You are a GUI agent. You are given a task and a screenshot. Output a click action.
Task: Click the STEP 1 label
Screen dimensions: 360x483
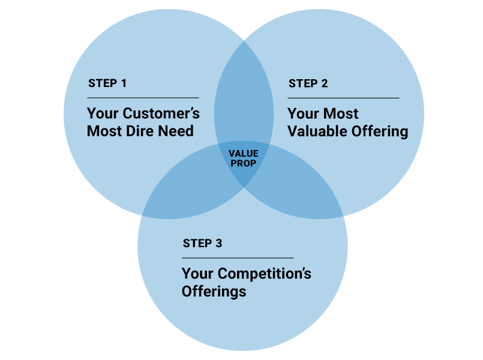107,83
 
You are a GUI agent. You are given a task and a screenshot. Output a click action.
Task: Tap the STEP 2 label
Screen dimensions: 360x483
308,83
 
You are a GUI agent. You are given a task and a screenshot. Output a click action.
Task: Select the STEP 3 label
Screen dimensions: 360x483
202,244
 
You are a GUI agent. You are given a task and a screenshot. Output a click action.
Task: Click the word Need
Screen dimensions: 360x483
176,131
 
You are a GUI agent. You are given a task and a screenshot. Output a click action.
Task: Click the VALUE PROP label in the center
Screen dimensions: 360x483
243,158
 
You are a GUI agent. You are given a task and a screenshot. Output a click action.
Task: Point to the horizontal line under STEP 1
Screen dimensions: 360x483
143,97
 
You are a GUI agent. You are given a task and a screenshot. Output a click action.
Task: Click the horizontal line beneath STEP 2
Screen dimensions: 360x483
343,97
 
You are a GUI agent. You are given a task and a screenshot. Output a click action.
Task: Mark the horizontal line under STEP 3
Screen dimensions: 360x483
238,257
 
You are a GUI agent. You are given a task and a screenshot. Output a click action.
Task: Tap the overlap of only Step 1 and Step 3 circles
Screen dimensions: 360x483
180,186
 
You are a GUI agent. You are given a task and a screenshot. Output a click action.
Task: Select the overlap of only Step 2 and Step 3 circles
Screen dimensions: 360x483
306,186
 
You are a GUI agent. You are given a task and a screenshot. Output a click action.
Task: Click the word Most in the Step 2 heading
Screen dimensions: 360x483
341,114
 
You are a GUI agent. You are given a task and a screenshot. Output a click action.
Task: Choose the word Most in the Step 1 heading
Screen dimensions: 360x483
104,131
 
